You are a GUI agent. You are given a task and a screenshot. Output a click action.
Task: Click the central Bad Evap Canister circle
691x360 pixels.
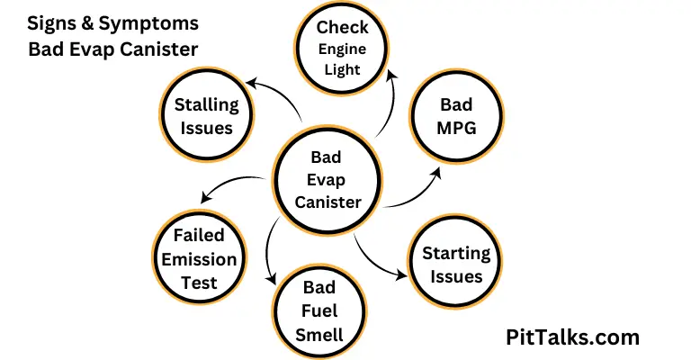[327, 180]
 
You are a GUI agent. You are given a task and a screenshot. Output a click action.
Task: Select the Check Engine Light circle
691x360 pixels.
[342, 48]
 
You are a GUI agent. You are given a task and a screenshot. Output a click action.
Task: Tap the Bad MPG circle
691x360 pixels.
[456, 116]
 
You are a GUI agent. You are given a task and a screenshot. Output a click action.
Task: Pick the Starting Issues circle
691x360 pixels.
[455, 262]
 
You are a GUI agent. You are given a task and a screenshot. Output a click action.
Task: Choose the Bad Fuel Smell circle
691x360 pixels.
[319, 311]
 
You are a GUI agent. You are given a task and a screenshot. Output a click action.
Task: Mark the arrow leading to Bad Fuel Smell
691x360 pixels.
[267, 250]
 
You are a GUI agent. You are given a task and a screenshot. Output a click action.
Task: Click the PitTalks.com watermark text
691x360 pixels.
[572, 337]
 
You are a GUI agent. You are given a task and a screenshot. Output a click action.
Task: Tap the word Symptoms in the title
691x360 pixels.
[148, 24]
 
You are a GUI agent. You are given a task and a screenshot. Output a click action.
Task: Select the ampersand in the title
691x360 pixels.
[87, 23]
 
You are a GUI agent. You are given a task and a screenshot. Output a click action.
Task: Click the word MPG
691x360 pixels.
[456, 128]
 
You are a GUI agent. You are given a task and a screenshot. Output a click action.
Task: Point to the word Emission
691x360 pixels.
[199, 259]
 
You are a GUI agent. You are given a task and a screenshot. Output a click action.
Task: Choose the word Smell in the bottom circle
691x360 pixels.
[319, 335]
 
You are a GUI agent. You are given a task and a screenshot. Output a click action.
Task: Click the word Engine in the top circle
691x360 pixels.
[342, 49]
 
